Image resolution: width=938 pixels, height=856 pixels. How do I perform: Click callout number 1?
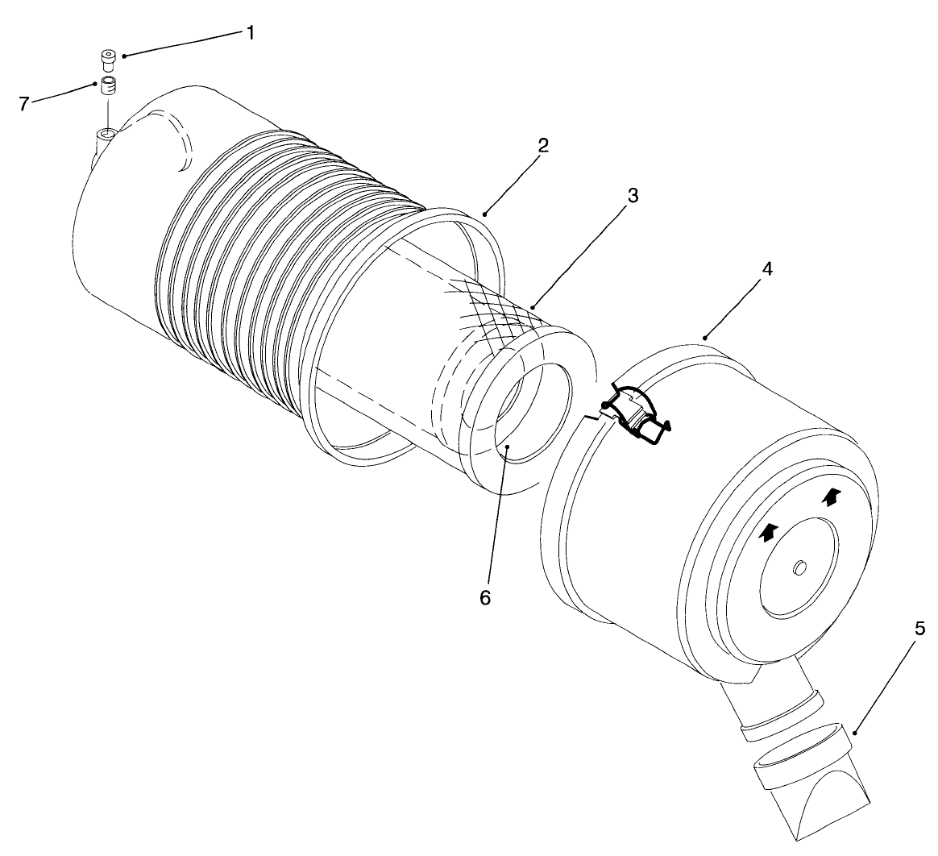point(250,33)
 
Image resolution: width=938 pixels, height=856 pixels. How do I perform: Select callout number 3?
point(633,196)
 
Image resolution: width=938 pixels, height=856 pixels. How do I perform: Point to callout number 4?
point(766,269)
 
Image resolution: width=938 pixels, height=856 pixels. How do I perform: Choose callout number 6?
point(484,599)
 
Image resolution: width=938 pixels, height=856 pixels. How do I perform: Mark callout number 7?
point(23,103)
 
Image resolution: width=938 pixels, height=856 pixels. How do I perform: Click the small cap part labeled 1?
point(107,60)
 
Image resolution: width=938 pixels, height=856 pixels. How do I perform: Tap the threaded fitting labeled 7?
point(107,85)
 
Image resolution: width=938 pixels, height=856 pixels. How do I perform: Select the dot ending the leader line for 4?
point(704,337)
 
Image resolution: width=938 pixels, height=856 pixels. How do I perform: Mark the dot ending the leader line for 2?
point(487,213)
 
